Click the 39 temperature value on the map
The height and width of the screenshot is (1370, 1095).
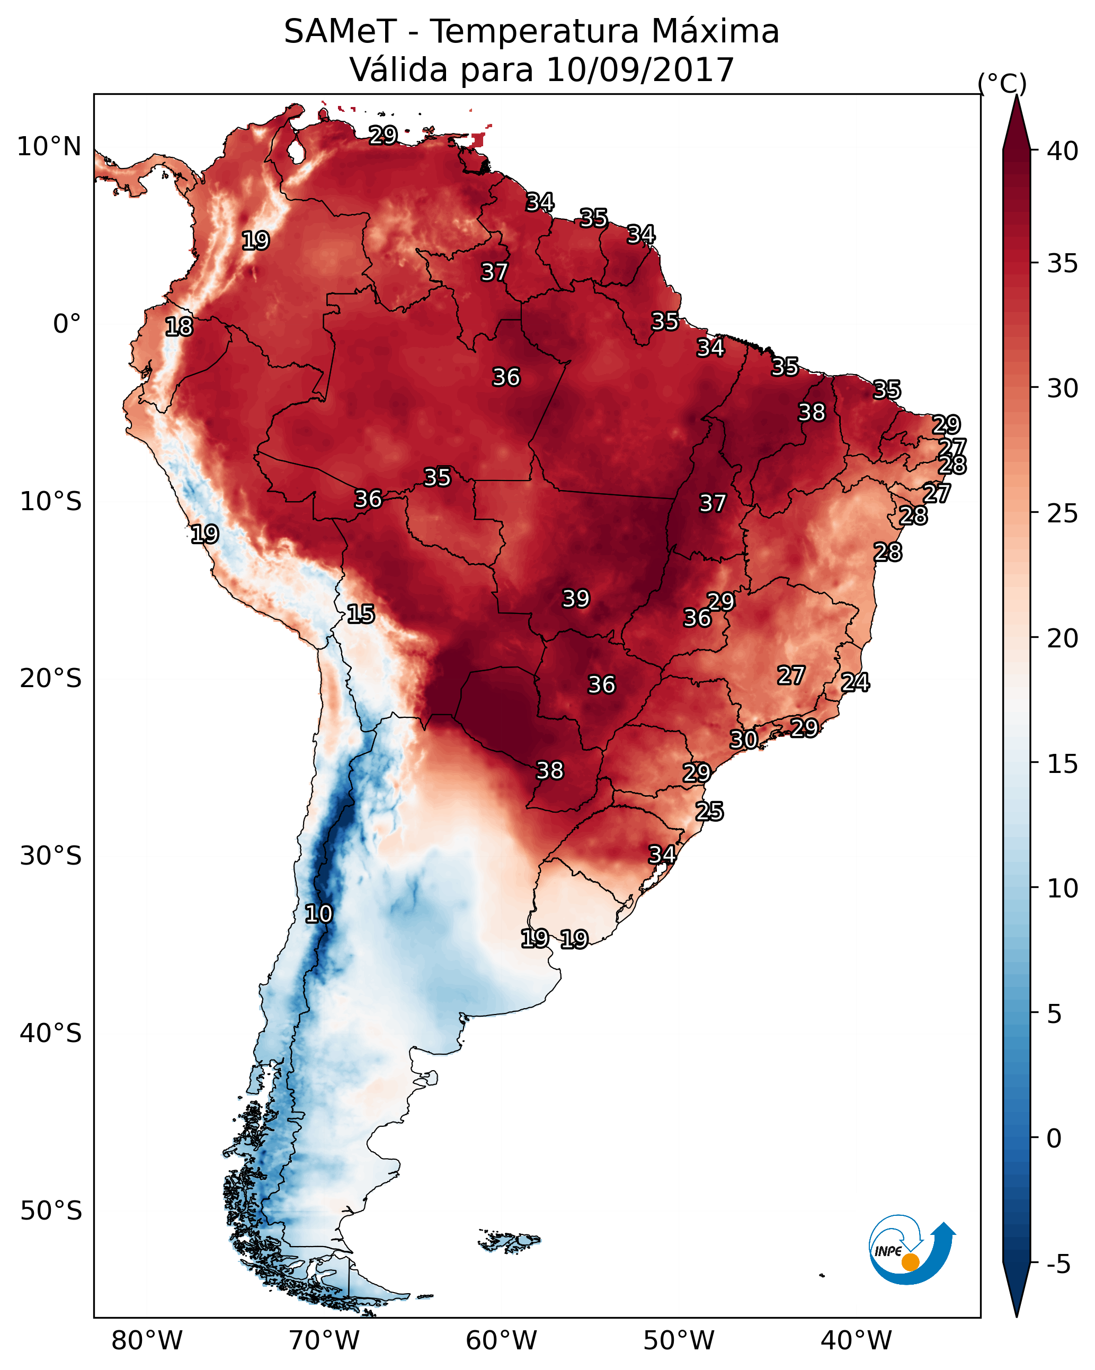pyautogui.click(x=576, y=599)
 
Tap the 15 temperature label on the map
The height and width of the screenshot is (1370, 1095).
pyautogui.click(x=360, y=614)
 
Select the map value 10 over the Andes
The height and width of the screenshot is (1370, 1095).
pyautogui.click(x=318, y=914)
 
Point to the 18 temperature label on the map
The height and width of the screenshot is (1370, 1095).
pyautogui.click(x=179, y=327)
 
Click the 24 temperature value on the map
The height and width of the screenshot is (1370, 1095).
pyautogui.click(x=855, y=682)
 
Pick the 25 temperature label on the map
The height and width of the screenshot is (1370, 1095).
pyautogui.click(x=709, y=812)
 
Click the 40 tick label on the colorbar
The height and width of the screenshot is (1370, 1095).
pyautogui.click(x=1063, y=151)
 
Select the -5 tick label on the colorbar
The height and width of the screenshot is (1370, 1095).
pyautogui.click(x=1058, y=1265)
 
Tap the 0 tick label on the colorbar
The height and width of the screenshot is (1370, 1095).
pyautogui.click(x=1054, y=1138)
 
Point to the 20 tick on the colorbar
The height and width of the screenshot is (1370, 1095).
pyautogui.click(x=1063, y=638)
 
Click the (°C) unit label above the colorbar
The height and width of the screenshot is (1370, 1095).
pyautogui.click(x=1002, y=83)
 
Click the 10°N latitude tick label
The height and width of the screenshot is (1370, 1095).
pyautogui.click(x=49, y=147)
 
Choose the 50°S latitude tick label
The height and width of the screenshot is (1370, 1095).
pyautogui.click(x=51, y=1211)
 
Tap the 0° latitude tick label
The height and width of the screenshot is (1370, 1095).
pyautogui.click(x=67, y=324)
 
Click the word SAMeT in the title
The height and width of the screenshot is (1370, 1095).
pyautogui.click(x=340, y=32)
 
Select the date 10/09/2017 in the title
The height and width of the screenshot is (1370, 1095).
pyautogui.click(x=639, y=70)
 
